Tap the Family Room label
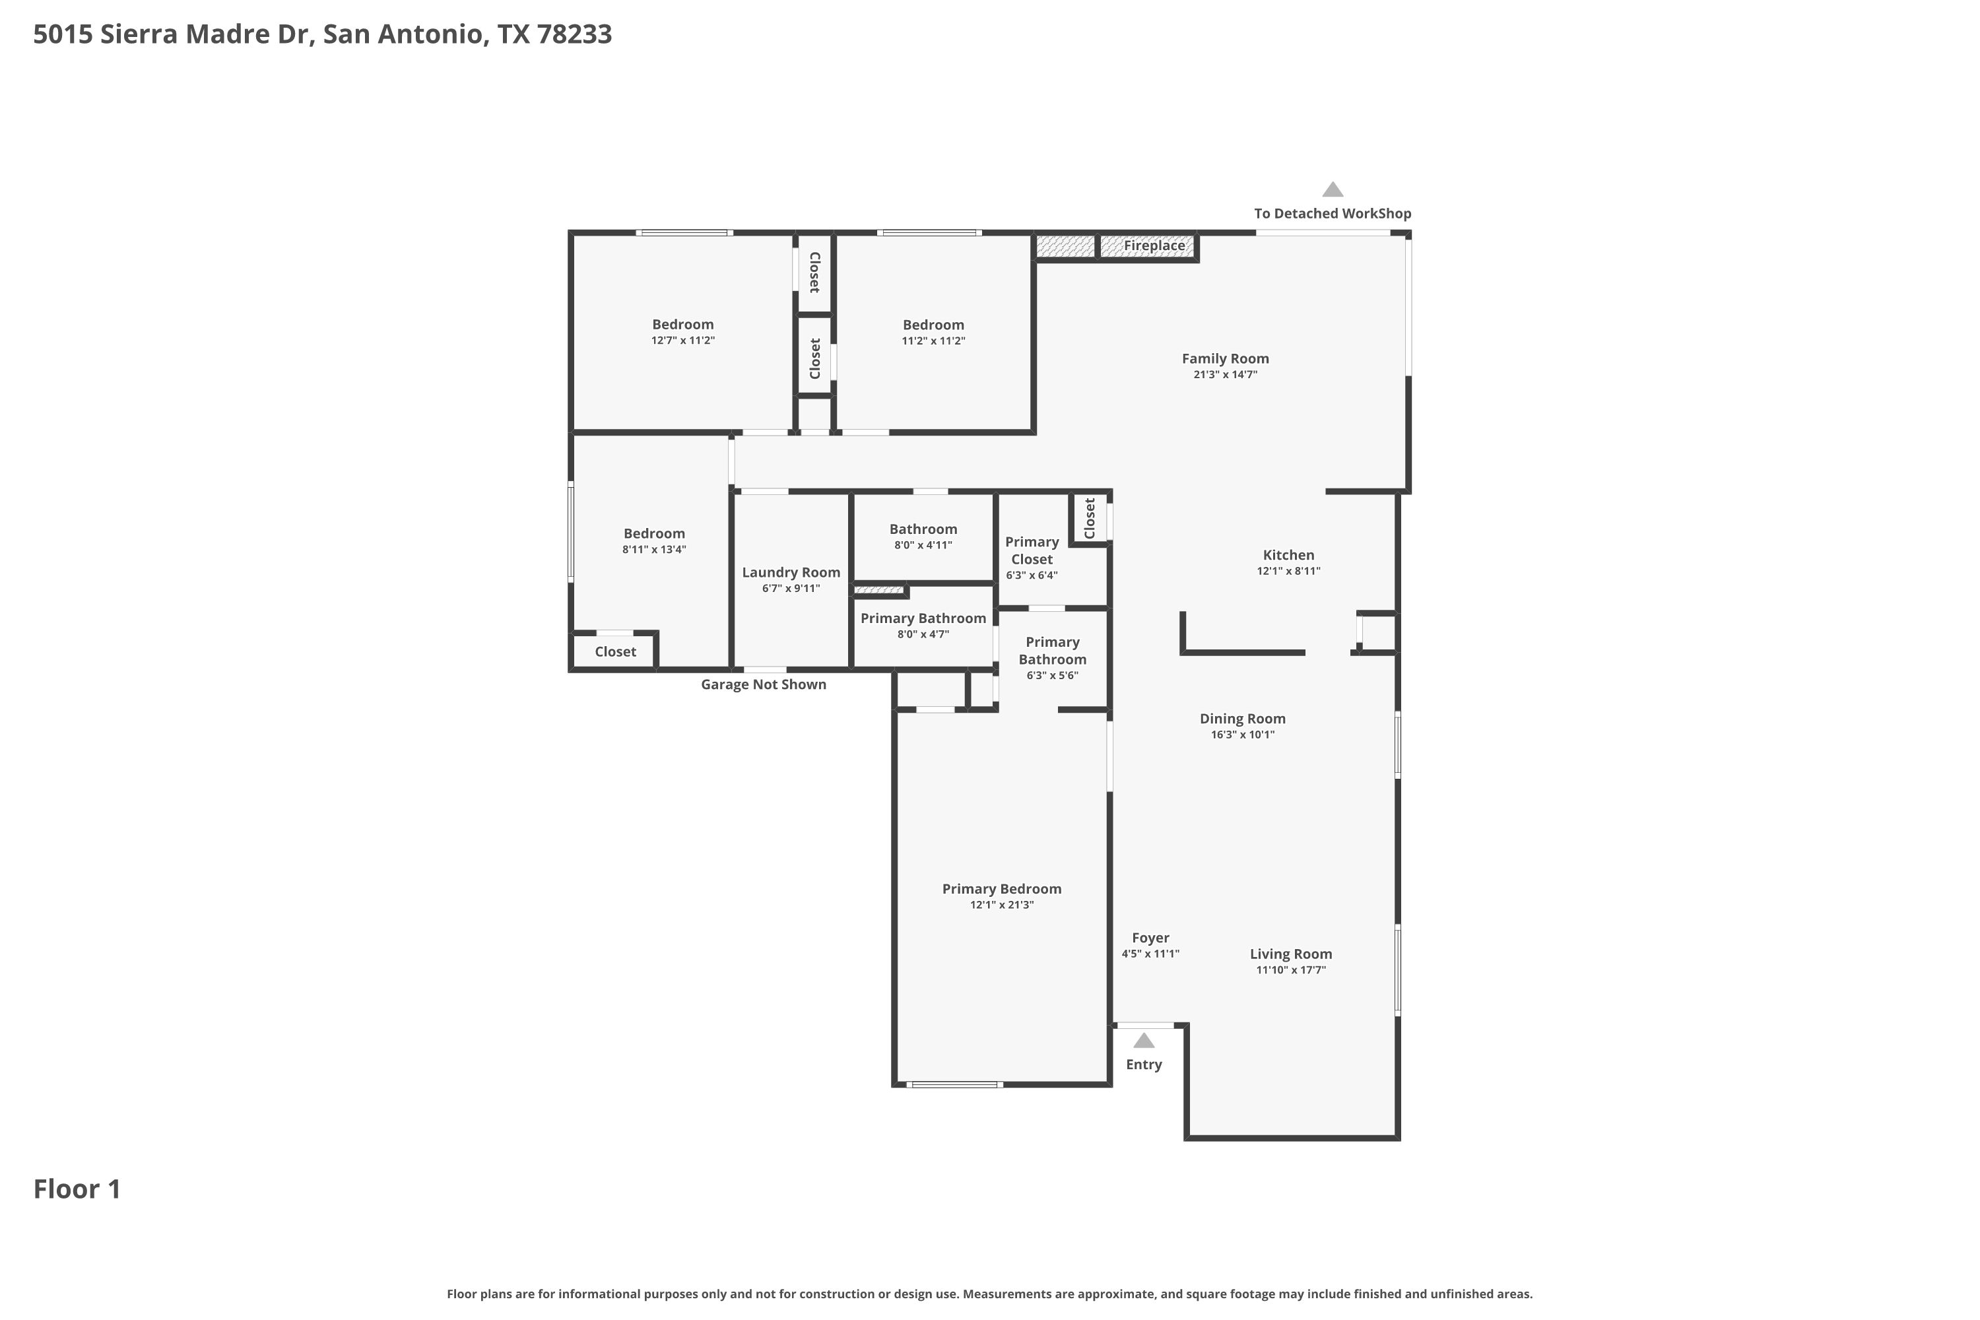[1225, 358]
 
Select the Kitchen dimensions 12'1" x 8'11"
[1288, 571]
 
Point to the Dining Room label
[1243, 719]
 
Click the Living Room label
[1290, 954]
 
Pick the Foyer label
[1150, 938]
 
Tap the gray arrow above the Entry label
[1143, 1041]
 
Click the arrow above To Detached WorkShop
[1332, 189]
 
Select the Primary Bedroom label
[1001, 889]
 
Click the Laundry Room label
[791, 572]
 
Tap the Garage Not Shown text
[764, 684]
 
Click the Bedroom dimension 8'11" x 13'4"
[654, 550]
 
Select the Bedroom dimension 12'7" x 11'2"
[682, 340]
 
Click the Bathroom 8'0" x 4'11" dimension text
[923, 546]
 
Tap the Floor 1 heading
[77, 1189]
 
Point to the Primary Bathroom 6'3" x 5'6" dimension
[1052, 675]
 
